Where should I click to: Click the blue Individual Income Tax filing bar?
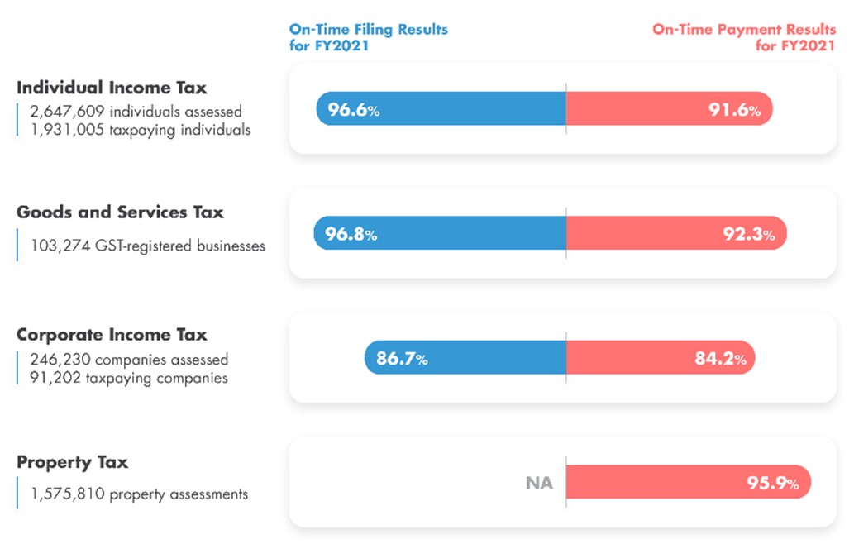[x=463, y=109]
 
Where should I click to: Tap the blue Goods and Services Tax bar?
[x=463, y=234]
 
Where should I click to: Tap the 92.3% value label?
[x=749, y=235]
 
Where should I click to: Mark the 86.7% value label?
[x=402, y=359]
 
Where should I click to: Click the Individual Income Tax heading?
[x=112, y=88]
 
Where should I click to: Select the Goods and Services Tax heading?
[x=120, y=212]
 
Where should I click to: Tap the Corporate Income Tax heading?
[x=112, y=335]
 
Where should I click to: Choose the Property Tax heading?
[x=73, y=462]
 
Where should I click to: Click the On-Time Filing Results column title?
[x=368, y=36]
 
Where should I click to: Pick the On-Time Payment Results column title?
[x=744, y=36]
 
